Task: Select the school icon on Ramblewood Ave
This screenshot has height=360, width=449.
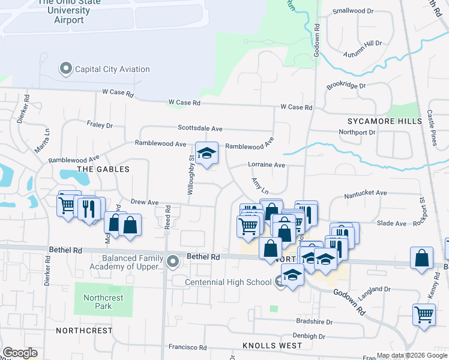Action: click(206, 154)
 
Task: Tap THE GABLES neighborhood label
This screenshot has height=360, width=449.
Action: click(103, 169)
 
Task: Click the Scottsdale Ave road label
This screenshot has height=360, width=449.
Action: click(200, 128)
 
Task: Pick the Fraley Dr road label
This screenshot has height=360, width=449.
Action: click(100, 125)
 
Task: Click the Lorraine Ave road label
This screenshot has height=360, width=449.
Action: click(266, 165)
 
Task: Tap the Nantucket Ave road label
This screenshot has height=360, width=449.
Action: click(366, 193)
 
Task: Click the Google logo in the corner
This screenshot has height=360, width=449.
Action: click(20, 353)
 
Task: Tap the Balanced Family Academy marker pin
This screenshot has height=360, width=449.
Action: click(173, 262)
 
